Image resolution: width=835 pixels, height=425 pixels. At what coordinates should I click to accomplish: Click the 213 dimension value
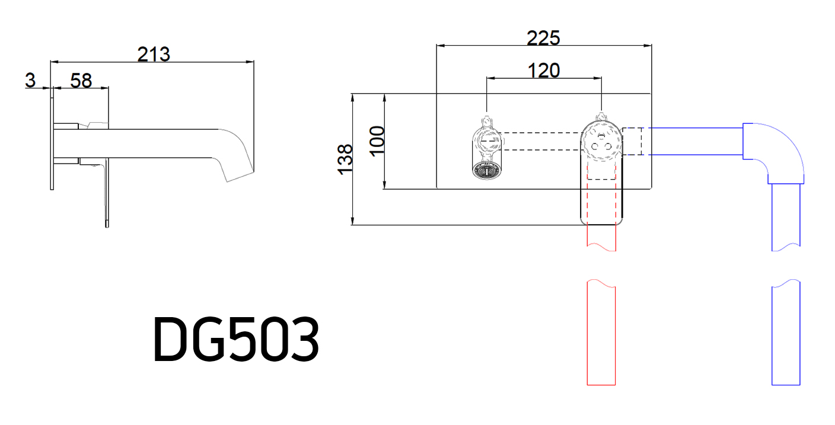click(154, 55)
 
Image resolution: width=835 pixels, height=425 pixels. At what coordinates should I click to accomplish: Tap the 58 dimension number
click(81, 81)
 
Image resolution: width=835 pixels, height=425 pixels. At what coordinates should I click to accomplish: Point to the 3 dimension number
click(30, 80)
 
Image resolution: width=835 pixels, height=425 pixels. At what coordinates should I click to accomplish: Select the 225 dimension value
click(543, 38)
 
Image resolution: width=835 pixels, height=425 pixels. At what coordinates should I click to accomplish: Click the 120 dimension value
click(543, 71)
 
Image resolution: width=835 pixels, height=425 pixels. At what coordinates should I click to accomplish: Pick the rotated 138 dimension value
click(345, 159)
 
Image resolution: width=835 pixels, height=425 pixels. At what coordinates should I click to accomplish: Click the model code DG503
click(237, 338)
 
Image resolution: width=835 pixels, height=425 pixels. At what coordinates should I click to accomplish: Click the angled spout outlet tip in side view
click(240, 177)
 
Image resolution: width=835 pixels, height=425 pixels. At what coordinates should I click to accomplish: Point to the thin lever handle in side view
click(107, 193)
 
